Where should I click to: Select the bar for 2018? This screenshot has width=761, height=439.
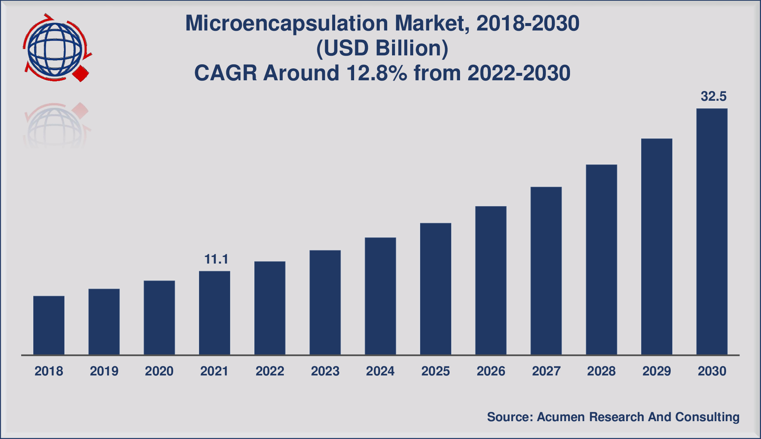(49, 325)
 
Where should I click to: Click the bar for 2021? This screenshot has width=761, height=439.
(214, 313)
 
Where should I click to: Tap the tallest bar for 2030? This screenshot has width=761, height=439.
(712, 231)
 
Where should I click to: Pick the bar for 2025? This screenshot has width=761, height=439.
(435, 289)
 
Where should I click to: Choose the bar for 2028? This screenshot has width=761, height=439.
(601, 259)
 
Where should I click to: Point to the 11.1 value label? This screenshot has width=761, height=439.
(216, 259)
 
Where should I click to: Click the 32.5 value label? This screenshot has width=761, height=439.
(713, 97)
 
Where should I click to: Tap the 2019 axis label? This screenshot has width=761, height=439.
(104, 371)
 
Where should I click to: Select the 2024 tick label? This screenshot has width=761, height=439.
(380, 371)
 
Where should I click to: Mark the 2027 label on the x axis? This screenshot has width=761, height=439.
(546, 371)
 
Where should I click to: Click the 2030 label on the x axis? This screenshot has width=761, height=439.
(712, 371)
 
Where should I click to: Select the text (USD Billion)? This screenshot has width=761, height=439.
(382, 48)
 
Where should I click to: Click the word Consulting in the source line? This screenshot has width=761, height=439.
(707, 417)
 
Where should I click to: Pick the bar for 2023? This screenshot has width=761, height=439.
(325, 302)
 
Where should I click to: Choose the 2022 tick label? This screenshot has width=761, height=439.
(270, 371)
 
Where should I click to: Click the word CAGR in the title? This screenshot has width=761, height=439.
(226, 73)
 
